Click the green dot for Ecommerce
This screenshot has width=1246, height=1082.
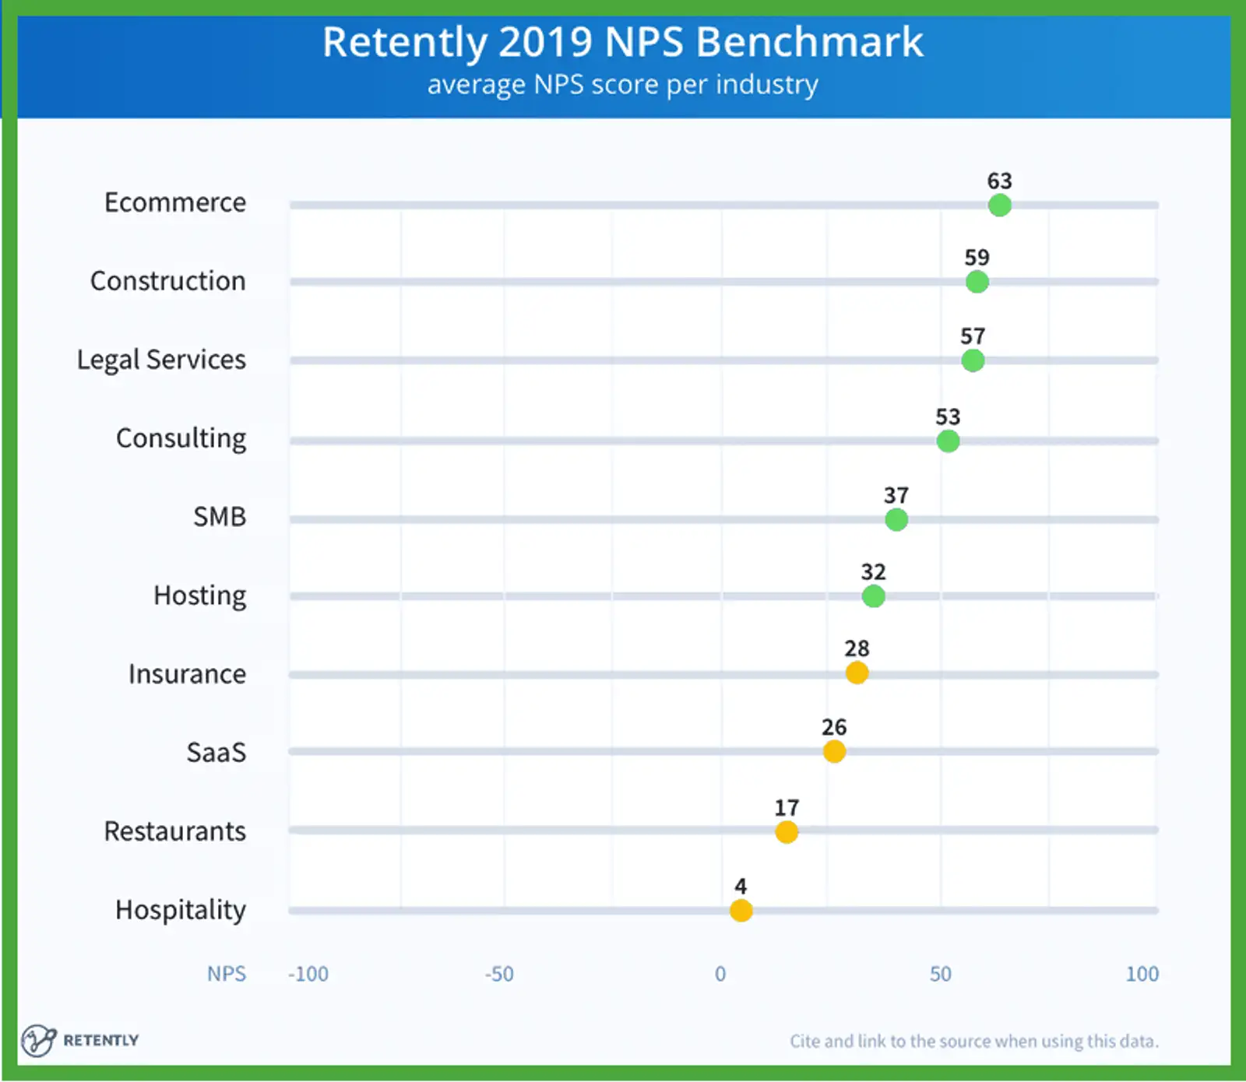(x=999, y=206)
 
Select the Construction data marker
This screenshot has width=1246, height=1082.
(x=977, y=282)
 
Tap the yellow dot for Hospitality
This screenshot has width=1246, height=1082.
(x=741, y=910)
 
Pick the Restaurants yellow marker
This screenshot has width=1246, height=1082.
(x=787, y=832)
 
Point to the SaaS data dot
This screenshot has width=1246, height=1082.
(x=834, y=752)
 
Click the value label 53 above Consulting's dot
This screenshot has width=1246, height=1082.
(x=948, y=416)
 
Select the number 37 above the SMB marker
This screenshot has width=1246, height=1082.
(x=896, y=495)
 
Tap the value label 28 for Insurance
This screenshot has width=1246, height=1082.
(x=857, y=648)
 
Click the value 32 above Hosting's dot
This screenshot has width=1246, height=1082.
(x=873, y=571)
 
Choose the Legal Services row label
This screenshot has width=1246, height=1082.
(x=161, y=360)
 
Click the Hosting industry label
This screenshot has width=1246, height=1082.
(x=199, y=595)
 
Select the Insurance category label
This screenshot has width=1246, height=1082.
(x=187, y=673)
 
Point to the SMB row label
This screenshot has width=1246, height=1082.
(x=220, y=516)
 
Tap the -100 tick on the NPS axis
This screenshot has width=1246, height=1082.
(x=308, y=974)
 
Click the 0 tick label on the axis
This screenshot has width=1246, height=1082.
(x=720, y=974)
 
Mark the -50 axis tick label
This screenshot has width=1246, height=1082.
(x=499, y=974)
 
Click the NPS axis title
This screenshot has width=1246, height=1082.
(x=226, y=974)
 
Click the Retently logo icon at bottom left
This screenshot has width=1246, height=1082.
(x=38, y=1040)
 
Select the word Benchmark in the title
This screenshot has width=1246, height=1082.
(x=809, y=42)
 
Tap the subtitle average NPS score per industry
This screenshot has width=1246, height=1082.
(x=622, y=84)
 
